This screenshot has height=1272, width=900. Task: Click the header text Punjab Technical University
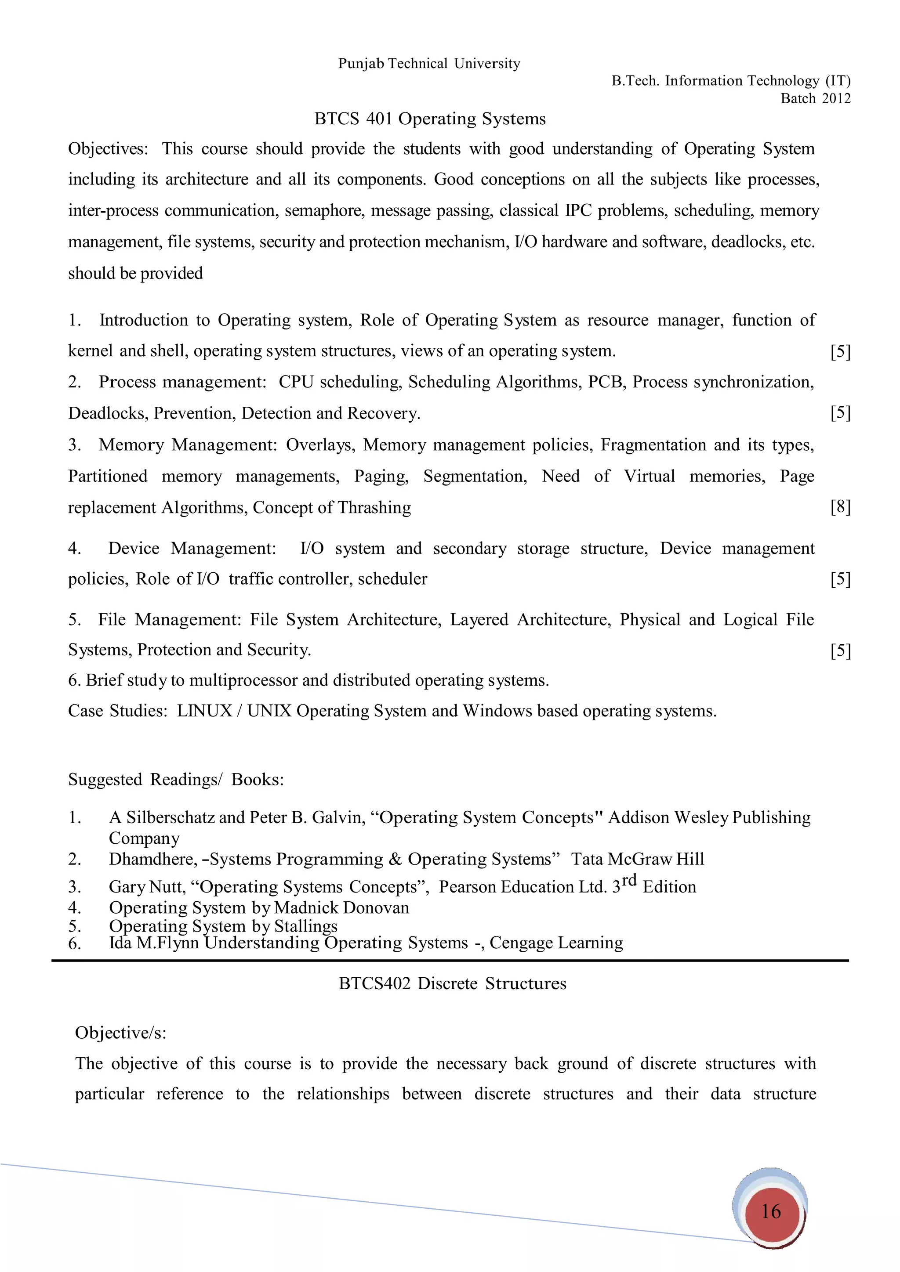[x=429, y=64]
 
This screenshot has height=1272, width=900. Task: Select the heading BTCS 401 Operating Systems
[x=430, y=119]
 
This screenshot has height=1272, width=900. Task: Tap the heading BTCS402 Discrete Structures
[x=452, y=983]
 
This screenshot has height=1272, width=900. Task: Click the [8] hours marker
[x=840, y=507]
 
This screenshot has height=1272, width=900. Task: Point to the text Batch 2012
[x=815, y=99]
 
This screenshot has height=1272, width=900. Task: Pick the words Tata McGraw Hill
[x=637, y=859]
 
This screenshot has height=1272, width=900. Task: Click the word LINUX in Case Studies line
[x=204, y=711]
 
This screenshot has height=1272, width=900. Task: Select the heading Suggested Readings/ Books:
[x=176, y=780]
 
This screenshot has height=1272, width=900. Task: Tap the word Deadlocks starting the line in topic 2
[x=108, y=413]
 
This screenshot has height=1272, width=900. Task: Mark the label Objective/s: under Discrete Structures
[x=120, y=1033]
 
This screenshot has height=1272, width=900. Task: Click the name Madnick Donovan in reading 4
[x=341, y=907]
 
